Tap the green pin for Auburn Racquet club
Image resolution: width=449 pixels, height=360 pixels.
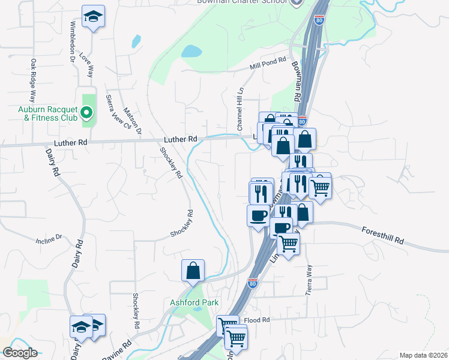(86, 112)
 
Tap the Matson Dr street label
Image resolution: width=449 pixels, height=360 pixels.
(131, 121)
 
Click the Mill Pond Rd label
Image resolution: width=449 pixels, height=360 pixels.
(268, 64)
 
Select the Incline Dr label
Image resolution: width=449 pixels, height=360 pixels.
(49, 238)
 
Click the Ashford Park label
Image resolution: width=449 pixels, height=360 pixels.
(194, 303)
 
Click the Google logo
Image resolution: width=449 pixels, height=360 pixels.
(20, 353)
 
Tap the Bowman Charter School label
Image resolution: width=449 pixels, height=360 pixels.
(243, 2)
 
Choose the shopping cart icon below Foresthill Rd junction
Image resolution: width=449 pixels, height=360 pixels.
(288, 244)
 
